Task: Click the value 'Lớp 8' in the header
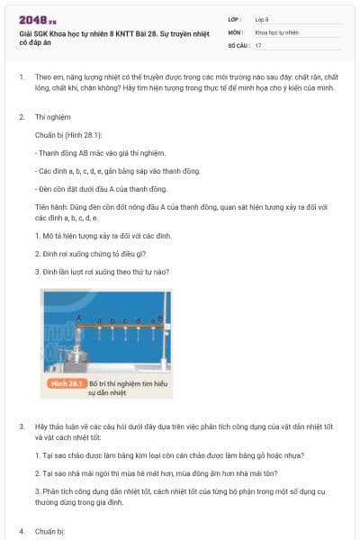tap(262, 18)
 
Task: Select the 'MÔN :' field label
tap(235, 31)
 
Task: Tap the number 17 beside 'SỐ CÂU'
tap(258, 44)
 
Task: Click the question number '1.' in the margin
tap(22, 77)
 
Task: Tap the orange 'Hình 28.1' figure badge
tap(62, 383)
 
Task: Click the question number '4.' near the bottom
tap(22, 531)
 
